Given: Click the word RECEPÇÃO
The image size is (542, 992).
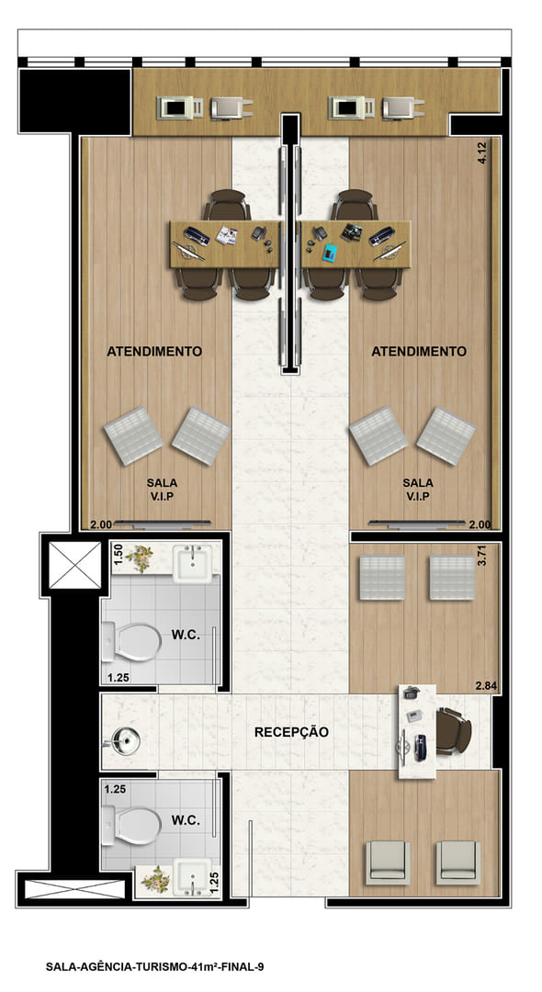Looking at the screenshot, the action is (x=291, y=732).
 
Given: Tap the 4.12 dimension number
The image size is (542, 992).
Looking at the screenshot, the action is (x=482, y=153).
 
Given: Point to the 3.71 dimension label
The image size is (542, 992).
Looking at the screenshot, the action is (x=482, y=554).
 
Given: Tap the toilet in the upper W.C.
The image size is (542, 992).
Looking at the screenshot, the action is (x=131, y=641).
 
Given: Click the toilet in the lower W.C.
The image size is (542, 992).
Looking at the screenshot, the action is (x=131, y=826).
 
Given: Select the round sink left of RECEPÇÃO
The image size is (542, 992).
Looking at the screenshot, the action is (x=125, y=741).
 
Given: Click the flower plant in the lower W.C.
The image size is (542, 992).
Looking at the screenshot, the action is (x=155, y=879).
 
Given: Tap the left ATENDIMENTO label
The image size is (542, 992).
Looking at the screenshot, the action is (x=154, y=351).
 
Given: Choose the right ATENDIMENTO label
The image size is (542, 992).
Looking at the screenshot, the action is (x=419, y=351).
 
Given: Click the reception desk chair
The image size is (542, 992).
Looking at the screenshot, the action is (x=454, y=731).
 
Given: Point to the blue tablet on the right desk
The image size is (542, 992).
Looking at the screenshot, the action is (x=330, y=254).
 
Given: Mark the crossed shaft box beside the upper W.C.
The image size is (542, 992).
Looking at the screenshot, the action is (x=75, y=565).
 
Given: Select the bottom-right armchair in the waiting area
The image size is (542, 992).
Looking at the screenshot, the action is (x=458, y=862).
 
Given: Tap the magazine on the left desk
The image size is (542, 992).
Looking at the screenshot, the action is (x=226, y=235).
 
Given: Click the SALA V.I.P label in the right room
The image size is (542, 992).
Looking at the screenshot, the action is (x=418, y=490).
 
